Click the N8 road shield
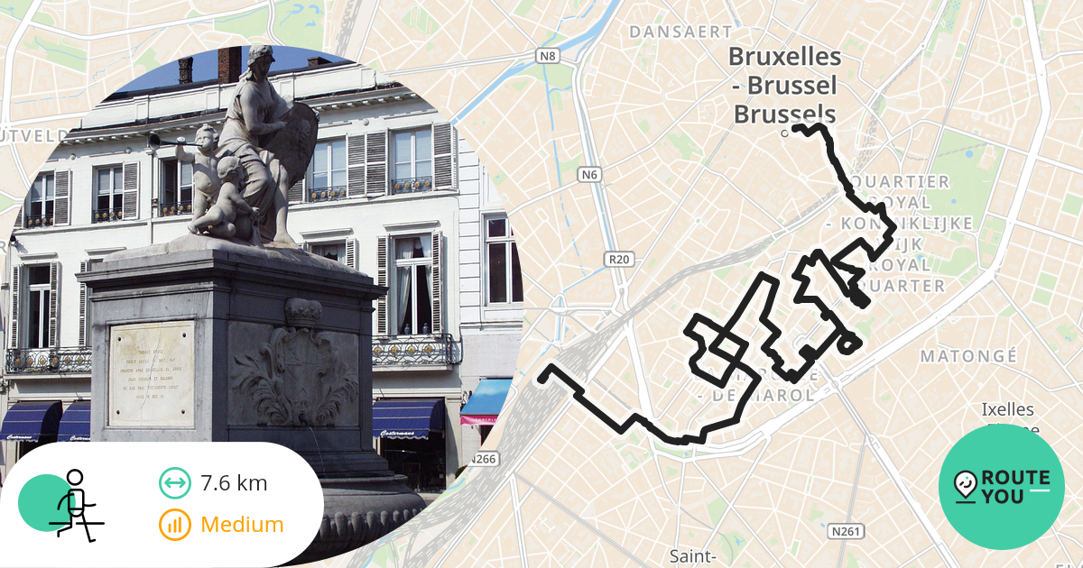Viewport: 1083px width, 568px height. [x=548, y=56]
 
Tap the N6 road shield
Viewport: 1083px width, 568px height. [x=589, y=174]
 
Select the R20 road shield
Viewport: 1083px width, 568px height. [x=618, y=260]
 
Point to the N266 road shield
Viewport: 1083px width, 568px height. [x=485, y=459]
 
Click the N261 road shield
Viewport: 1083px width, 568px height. [x=845, y=531]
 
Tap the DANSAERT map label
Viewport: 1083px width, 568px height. [x=680, y=32]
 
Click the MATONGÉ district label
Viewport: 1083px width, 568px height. [x=968, y=356]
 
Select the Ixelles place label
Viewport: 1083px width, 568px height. [x=1008, y=410]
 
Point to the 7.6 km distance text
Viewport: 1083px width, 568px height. [x=234, y=482]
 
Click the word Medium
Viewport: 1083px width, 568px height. [x=242, y=524]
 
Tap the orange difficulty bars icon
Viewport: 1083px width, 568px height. [x=175, y=524]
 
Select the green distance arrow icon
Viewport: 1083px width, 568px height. [x=175, y=483]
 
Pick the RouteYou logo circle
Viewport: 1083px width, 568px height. [x=1001, y=487]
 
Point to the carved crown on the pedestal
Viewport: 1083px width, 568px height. [x=302, y=313]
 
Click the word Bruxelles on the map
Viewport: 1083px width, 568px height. [x=784, y=57]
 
